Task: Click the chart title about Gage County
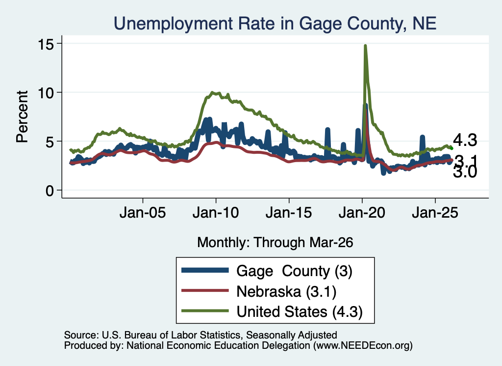coord(275,24)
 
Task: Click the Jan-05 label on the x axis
coord(143,213)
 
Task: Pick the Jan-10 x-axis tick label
coord(216,213)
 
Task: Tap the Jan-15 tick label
coord(289,213)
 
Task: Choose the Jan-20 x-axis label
coord(362,213)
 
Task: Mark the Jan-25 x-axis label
coord(435,213)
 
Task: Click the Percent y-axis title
coord(22,117)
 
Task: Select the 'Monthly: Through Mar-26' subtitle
coord(275,243)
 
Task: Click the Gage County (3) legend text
coord(294,271)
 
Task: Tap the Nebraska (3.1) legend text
coord(286,292)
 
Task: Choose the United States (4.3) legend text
coord(300,312)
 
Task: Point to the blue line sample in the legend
coord(205,270)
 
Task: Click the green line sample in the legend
coord(205,311)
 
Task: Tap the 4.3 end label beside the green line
coord(465,141)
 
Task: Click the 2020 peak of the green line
coord(365,46)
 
